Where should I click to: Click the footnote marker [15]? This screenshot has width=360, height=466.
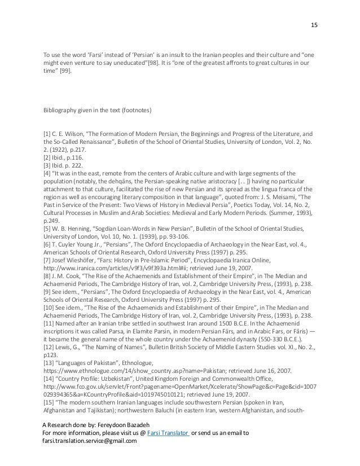click(49, 406)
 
